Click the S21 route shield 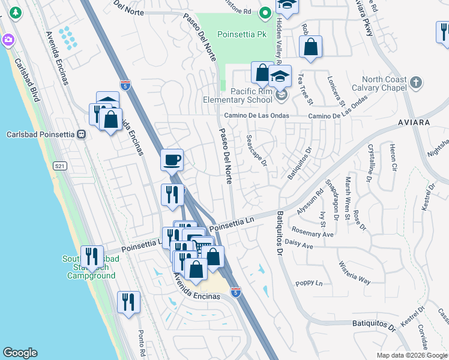click(x=59, y=166)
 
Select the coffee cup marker click(x=172, y=160)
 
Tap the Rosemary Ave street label click(x=312, y=232)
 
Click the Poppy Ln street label click(x=309, y=283)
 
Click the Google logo click(x=20, y=353)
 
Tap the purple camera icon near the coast click(x=8, y=40)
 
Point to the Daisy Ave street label click(x=300, y=245)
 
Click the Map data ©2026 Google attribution click(x=412, y=355)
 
